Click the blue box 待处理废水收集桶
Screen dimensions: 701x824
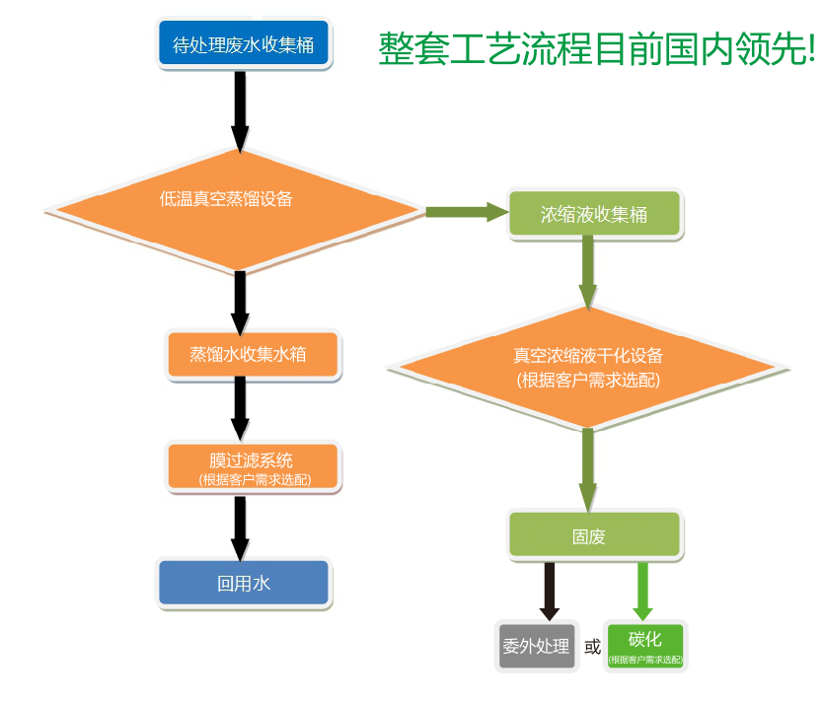point(243,44)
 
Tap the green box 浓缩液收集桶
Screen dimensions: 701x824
point(595,214)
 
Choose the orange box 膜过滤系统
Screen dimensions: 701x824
point(253,467)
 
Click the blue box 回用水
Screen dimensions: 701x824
point(244,582)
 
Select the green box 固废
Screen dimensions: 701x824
point(595,535)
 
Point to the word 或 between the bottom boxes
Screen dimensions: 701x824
point(592,647)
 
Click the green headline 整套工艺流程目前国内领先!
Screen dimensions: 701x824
point(596,48)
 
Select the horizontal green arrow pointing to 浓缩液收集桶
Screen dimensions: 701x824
point(465,211)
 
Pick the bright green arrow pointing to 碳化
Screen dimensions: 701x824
point(643,590)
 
